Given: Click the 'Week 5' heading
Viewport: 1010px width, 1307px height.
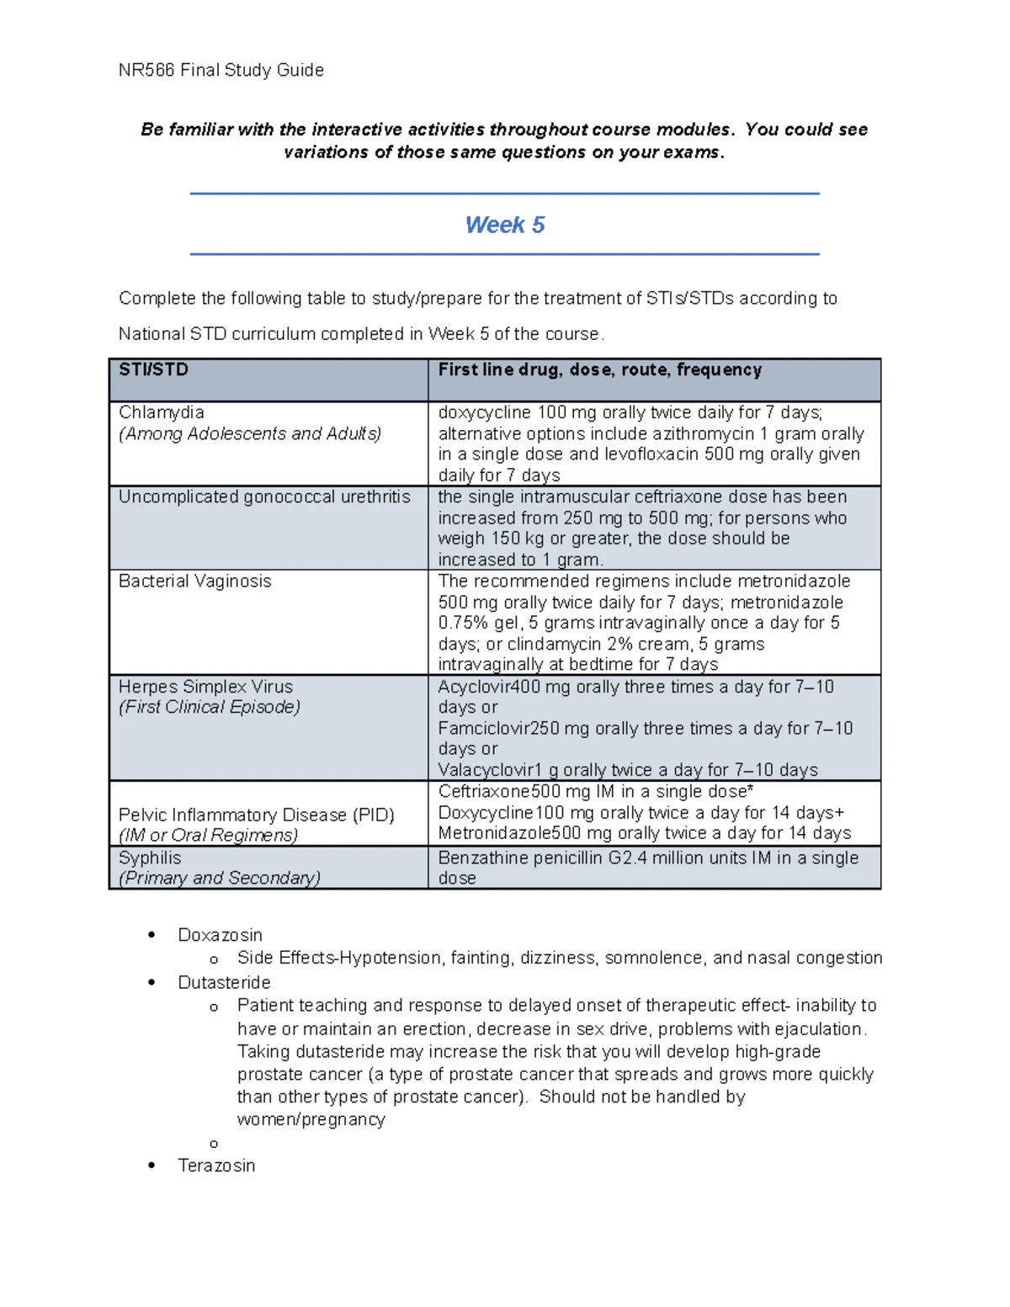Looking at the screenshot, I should tap(504, 225).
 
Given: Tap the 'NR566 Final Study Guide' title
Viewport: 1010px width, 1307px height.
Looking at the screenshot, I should tap(221, 70).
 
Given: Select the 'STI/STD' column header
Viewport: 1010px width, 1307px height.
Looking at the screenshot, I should tap(153, 369).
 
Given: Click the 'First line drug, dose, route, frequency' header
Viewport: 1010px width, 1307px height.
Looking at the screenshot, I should tap(599, 369).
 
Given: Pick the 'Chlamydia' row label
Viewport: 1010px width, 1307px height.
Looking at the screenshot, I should tap(161, 412).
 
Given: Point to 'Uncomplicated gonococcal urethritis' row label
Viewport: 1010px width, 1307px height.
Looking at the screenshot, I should tap(264, 497).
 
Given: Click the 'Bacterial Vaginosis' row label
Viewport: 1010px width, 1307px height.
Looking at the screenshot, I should tap(194, 581).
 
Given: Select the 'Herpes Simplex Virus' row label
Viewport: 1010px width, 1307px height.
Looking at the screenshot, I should tap(205, 687).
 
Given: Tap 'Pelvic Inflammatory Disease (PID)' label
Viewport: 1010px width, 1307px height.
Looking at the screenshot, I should tap(256, 815).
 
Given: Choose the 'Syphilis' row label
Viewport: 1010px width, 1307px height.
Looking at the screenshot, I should tap(150, 858).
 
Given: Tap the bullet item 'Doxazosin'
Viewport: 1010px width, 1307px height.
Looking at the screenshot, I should tap(220, 935).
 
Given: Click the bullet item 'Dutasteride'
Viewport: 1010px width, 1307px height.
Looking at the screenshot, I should tap(224, 982).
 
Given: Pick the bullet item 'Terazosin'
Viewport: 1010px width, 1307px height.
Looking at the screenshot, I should tap(216, 1166).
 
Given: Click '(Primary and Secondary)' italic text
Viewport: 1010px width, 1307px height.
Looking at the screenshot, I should tap(220, 878).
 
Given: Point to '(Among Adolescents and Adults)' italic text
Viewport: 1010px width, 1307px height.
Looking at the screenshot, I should tap(250, 433).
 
